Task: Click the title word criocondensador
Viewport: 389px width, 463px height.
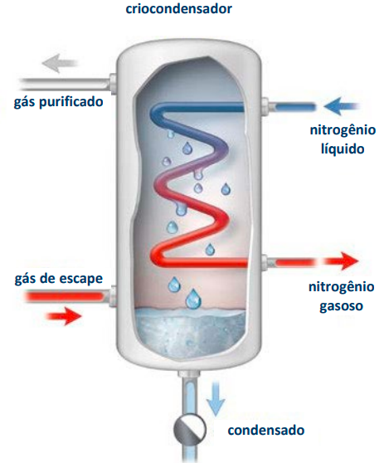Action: pos(178,8)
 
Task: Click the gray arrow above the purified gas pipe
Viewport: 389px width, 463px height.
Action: pos(60,63)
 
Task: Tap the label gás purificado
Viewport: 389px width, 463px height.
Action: pos(58,102)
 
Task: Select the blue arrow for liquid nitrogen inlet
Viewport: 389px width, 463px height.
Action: pos(342,106)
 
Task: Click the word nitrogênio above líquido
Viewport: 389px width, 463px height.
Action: pos(343,129)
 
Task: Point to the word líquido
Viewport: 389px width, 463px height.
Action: pos(343,149)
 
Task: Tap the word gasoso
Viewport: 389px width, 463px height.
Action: pos(341,306)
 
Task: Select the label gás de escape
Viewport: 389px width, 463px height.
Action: pos(58,279)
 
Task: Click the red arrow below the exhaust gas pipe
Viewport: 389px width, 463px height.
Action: pos(64,316)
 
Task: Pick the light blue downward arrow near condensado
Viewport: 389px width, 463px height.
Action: pos(216,398)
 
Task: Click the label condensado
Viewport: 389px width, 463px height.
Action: pos(266,430)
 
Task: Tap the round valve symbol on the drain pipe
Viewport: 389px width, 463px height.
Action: pos(190,429)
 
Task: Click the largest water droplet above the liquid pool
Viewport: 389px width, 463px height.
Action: pos(193,299)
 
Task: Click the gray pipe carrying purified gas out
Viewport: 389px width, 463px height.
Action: pos(65,84)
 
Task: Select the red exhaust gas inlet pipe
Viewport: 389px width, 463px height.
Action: pos(66,296)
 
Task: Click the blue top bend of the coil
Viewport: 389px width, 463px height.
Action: pos(158,112)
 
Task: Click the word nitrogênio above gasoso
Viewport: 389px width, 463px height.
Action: pos(342,287)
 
